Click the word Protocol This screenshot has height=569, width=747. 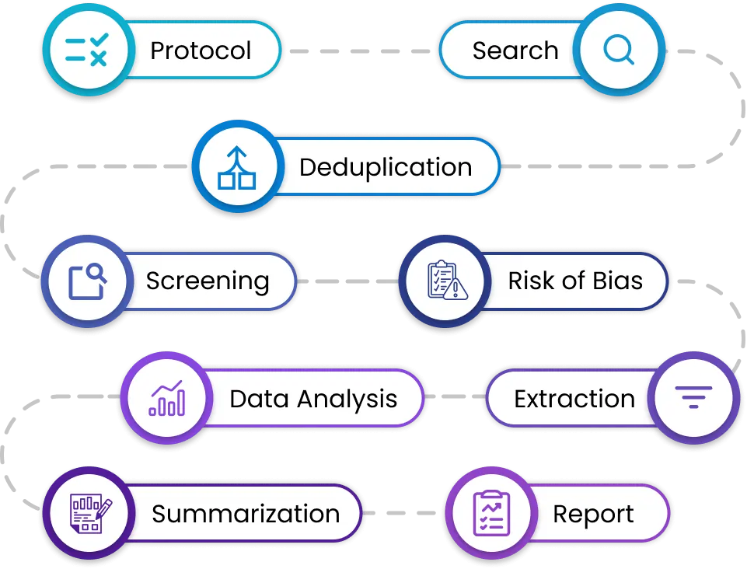(x=201, y=51)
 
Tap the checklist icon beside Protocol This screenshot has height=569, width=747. (x=86, y=51)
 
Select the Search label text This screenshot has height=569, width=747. (x=515, y=51)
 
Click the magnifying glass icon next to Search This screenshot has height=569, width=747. (x=620, y=51)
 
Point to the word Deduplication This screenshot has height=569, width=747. (x=386, y=167)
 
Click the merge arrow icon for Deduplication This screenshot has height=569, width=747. (x=236, y=167)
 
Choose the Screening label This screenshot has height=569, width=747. (x=208, y=281)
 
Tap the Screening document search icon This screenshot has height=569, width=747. (x=86, y=281)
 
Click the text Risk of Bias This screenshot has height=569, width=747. (x=575, y=281)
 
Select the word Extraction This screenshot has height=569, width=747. (x=574, y=399)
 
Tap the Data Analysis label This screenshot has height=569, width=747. (x=313, y=399)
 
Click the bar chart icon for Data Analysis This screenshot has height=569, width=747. (x=167, y=398)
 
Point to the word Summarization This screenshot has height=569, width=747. (x=246, y=514)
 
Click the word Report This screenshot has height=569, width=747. (x=593, y=514)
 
